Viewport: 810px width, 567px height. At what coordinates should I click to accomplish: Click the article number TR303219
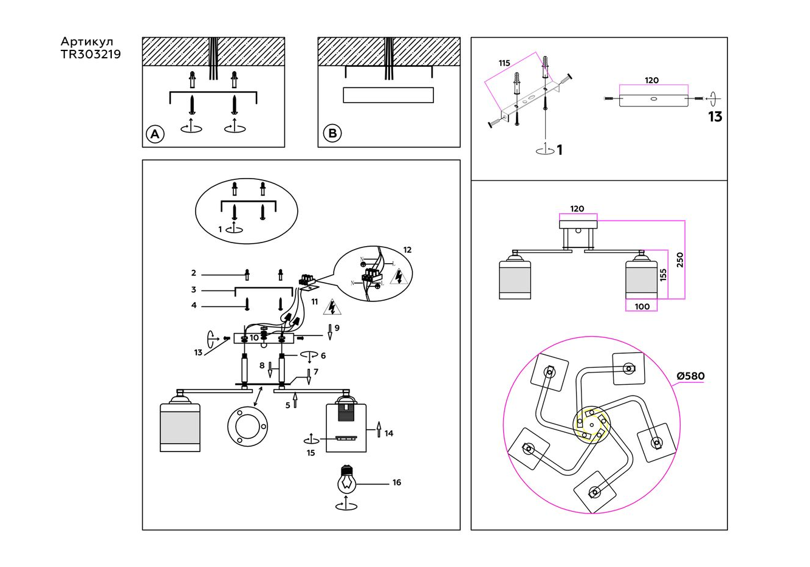click(91, 55)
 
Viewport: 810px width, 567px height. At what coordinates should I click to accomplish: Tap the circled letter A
click(155, 134)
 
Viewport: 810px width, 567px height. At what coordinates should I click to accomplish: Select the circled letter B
click(332, 134)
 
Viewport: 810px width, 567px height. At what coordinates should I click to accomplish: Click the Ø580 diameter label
click(691, 376)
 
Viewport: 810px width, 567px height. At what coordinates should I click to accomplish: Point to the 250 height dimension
click(680, 259)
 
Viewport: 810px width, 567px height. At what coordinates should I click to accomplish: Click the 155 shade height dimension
click(663, 275)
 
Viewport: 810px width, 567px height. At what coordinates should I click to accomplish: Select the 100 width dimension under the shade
click(642, 306)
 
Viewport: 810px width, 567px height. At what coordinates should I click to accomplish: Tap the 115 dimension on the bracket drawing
click(504, 63)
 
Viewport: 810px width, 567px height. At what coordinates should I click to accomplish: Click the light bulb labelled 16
click(346, 479)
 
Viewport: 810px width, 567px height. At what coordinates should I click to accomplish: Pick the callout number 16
click(397, 483)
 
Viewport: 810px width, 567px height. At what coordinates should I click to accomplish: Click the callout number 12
click(407, 250)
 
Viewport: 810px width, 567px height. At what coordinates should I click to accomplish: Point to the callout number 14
click(389, 433)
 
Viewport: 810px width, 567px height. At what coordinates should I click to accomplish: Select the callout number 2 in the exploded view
click(194, 273)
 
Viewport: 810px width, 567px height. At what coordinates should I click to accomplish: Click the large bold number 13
click(715, 117)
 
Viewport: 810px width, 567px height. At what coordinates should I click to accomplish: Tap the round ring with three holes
click(247, 425)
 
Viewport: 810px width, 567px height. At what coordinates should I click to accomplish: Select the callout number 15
click(311, 453)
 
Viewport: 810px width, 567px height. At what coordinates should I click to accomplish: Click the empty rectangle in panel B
click(388, 95)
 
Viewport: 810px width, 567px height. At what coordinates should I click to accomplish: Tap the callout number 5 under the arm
click(288, 405)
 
